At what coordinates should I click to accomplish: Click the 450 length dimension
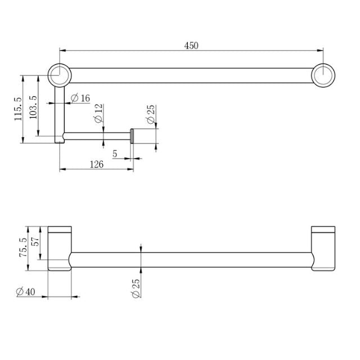point(191,45)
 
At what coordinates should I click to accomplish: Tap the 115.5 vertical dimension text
point(19,109)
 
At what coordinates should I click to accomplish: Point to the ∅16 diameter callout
point(80,98)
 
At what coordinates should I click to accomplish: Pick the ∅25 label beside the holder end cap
point(151,114)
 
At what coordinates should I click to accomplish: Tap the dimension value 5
point(115,154)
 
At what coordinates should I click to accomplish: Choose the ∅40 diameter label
point(26,291)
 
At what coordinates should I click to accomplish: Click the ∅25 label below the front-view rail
point(136,287)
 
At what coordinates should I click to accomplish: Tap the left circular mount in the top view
point(59,75)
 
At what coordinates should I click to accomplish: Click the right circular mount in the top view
point(323,75)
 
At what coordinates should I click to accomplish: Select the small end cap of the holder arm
point(132,136)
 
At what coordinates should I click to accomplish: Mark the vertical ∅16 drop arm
point(59,112)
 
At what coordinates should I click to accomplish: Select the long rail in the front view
point(191,259)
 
